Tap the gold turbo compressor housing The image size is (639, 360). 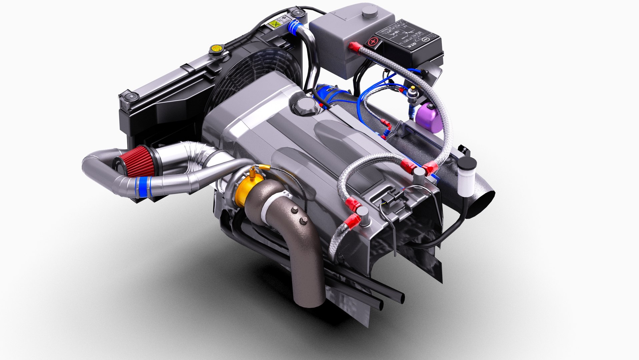click(245, 192)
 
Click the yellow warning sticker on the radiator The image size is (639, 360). click(275, 24)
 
